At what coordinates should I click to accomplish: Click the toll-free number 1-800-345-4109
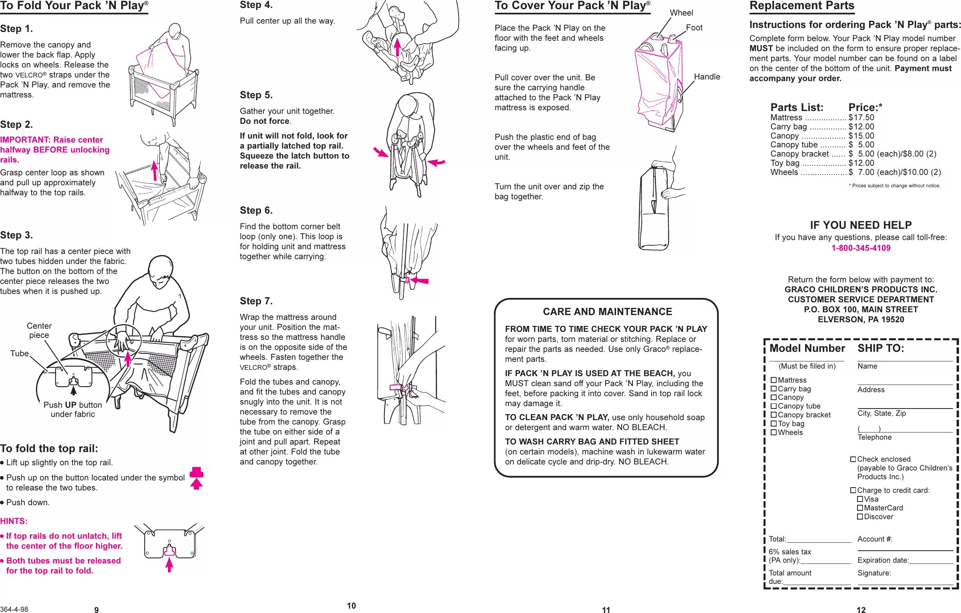pos(861,248)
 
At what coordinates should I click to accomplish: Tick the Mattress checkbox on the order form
pos(774,380)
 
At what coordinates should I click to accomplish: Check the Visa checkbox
pos(860,499)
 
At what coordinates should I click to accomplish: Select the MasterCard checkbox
pos(860,508)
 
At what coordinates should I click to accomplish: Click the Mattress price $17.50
pos(861,117)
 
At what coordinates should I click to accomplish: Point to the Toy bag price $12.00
pos(861,163)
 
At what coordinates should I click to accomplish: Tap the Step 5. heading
pos(256,95)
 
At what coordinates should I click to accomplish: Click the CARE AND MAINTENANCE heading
pos(607,311)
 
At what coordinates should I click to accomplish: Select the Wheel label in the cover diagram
pos(681,13)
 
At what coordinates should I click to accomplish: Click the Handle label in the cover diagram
pos(707,77)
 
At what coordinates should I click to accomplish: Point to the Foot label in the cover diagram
pos(694,28)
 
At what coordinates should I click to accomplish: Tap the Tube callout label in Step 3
pos(19,353)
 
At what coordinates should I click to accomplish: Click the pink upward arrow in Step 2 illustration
pos(154,171)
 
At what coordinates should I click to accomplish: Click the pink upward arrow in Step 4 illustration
pos(397,47)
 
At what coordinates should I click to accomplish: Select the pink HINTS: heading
pos(14,521)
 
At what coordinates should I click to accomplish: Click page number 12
pos(861,610)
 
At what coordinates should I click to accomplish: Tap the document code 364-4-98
pos(14,609)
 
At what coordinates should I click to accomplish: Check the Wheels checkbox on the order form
pos(774,432)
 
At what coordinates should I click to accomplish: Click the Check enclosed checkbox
pos(853,459)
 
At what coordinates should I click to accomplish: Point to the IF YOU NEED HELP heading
pos(861,225)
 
